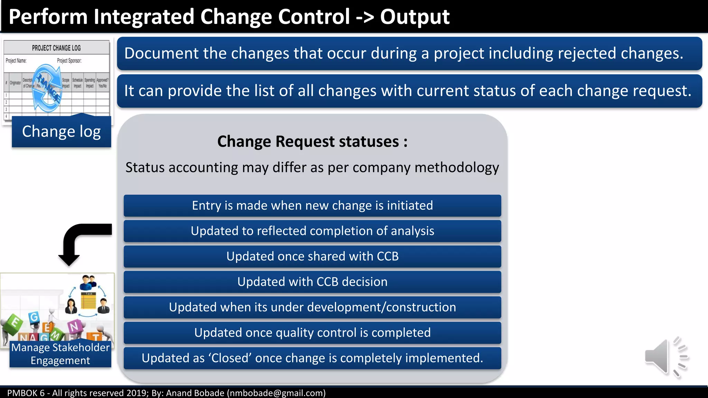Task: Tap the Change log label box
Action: point(62,132)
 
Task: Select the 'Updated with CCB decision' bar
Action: point(312,282)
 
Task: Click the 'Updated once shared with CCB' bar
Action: point(312,256)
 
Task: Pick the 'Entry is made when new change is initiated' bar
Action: point(312,206)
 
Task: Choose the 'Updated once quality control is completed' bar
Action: point(312,333)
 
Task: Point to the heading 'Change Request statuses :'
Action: point(312,142)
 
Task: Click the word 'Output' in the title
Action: point(414,17)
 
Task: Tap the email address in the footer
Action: point(276,393)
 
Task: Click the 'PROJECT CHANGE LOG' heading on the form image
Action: point(56,48)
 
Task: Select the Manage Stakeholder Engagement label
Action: point(60,354)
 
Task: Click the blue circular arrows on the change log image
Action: point(47,88)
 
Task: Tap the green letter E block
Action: point(14,323)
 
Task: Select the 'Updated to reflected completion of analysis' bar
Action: point(312,231)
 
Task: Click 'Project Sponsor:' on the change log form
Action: point(69,61)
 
